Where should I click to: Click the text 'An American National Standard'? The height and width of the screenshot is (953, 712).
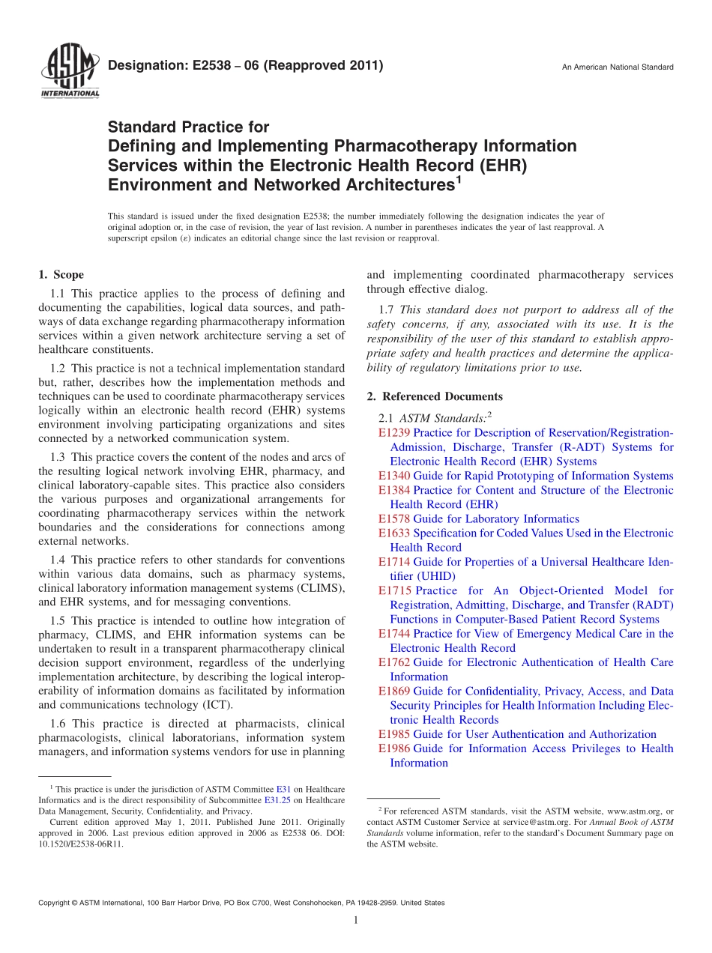click(618, 67)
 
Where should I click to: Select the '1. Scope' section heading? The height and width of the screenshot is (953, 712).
click(61, 275)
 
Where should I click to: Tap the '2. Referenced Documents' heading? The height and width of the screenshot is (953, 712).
click(435, 396)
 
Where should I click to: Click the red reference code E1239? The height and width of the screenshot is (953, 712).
click(394, 433)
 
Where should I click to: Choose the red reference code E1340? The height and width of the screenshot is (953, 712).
click(394, 476)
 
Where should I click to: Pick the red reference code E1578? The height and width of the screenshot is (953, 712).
click(394, 519)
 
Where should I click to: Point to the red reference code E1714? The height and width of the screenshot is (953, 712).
click(394, 562)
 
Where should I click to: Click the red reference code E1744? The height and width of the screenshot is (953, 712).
click(394, 634)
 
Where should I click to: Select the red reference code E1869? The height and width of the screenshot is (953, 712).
click(394, 692)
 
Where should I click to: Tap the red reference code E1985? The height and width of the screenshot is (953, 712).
click(394, 734)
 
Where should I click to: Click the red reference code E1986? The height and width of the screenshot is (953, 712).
click(394, 748)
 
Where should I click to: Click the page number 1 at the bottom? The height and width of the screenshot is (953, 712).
click(356, 921)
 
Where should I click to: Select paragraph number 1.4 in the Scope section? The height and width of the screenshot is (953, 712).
click(58, 560)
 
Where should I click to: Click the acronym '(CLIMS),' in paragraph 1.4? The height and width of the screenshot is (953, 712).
click(323, 588)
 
